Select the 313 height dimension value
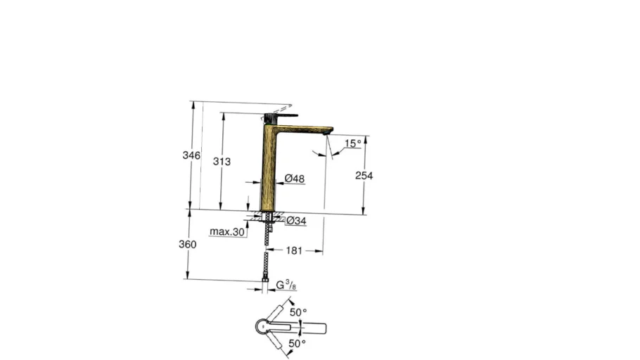tap(222, 161)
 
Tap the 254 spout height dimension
tap(364, 176)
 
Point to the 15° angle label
tap(352, 143)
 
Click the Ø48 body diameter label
tap(294, 179)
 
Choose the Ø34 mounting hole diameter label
tap(296, 221)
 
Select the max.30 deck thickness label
tap(227, 231)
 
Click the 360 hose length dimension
tap(188, 245)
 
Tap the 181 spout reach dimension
tap(295, 250)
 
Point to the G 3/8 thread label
tap(285, 285)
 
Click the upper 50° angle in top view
tap(298, 311)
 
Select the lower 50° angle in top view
tap(297, 343)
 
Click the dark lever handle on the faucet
tap(281, 115)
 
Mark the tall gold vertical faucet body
tap(268, 169)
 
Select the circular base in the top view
tap(261, 327)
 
